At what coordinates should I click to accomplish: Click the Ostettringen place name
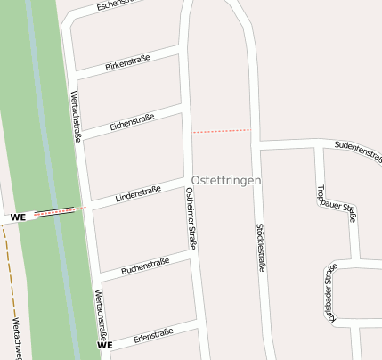coord(226,180)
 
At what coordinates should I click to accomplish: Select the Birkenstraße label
coord(127,61)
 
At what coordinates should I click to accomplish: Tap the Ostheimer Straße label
coord(191,217)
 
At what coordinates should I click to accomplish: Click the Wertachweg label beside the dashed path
coord(16,339)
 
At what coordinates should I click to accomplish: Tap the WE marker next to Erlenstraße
coord(105,345)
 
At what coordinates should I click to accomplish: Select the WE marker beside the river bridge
coord(18,217)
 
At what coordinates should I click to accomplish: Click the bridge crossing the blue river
coord(55,213)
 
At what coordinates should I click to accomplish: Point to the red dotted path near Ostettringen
coord(222,131)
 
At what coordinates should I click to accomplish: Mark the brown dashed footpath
coord(7,267)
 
